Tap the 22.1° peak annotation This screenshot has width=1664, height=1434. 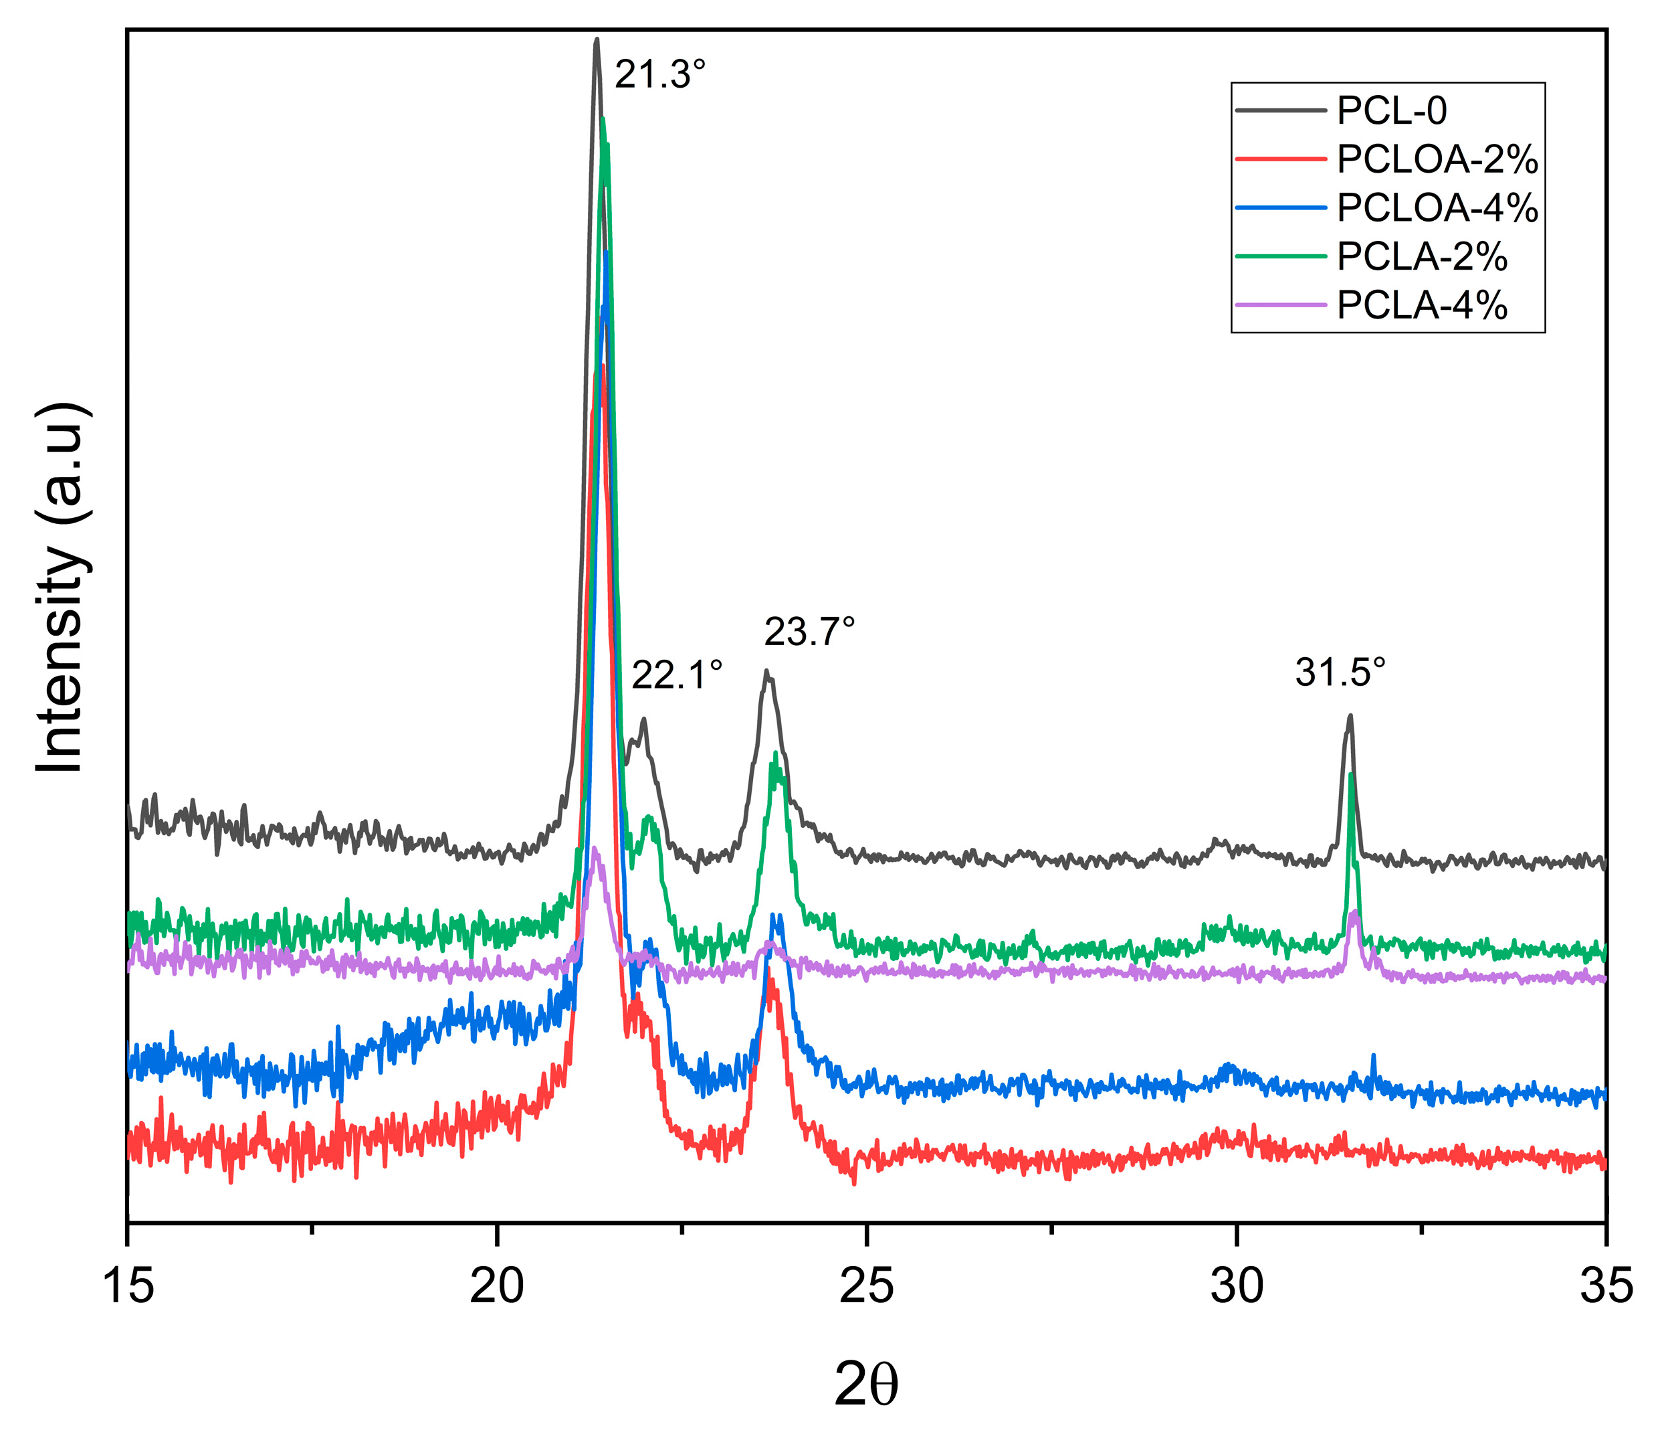click(x=677, y=675)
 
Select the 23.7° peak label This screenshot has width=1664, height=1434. click(x=809, y=632)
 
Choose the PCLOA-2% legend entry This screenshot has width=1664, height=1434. click(x=1437, y=160)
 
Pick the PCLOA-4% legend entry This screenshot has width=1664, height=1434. click(x=1437, y=208)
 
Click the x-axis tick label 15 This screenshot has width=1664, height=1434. click(x=128, y=1285)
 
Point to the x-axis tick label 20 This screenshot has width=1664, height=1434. click(x=497, y=1285)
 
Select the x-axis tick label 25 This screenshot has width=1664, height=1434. click(x=867, y=1285)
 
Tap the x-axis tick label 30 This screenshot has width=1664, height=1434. click(x=1237, y=1285)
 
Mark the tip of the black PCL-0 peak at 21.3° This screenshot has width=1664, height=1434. click(x=596, y=39)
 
